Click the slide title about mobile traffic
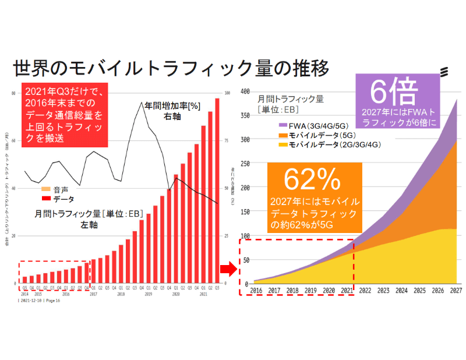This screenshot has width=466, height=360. [171, 68]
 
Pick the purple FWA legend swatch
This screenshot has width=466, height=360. [283, 125]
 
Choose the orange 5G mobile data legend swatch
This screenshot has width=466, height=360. [283, 135]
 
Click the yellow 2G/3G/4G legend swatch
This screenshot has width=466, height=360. [283, 144]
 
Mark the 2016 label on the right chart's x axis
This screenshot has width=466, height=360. [255, 290]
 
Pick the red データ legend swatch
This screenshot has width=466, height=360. [45, 199]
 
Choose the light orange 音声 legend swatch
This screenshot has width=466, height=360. [45, 190]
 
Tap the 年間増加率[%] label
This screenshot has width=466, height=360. [172, 107]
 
